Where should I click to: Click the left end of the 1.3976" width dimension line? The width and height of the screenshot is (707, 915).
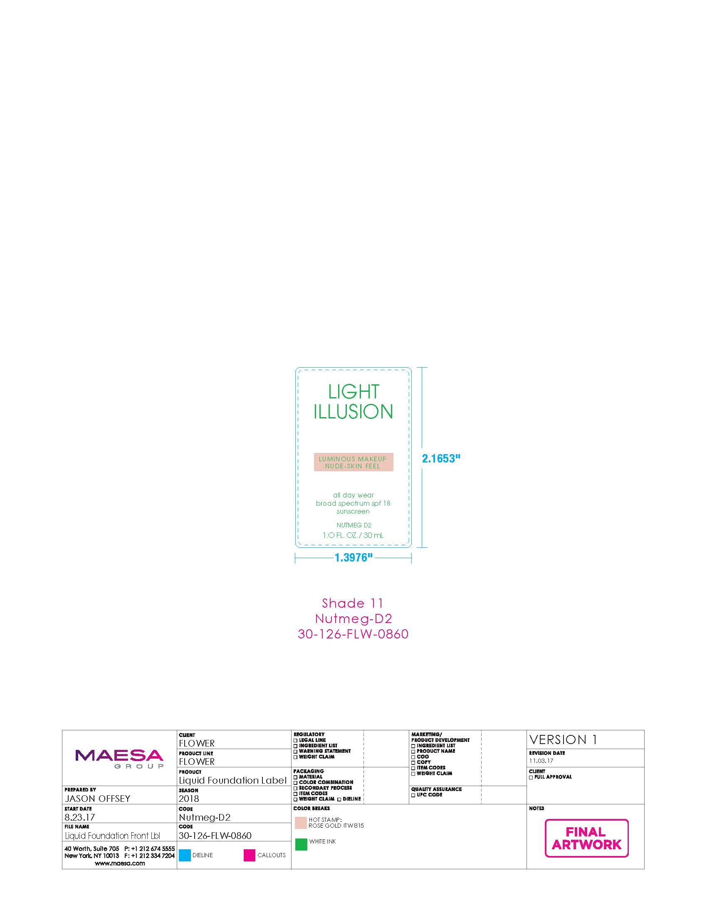click(x=295, y=558)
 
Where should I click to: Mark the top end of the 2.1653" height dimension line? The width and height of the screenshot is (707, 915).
click(x=422, y=368)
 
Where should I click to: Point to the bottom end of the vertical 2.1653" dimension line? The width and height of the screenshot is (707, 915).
click(x=422, y=547)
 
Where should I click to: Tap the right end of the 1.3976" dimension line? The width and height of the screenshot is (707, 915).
click(x=411, y=558)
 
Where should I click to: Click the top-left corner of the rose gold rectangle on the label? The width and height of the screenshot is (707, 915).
click(x=314, y=453)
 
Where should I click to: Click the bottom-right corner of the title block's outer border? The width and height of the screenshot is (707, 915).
click(x=644, y=869)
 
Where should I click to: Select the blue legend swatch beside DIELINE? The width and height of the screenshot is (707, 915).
click(x=185, y=855)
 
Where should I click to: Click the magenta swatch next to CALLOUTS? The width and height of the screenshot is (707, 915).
click(x=250, y=855)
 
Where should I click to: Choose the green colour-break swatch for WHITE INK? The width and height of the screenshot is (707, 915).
click(x=301, y=844)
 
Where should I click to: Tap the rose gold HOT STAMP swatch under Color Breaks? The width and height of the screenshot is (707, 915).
click(x=301, y=823)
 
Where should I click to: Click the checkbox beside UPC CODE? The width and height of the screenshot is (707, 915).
click(x=413, y=795)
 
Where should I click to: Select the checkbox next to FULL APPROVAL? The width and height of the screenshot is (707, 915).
click(x=531, y=777)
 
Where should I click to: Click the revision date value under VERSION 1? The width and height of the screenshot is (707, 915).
click(x=541, y=760)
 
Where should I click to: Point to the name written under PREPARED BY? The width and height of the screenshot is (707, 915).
click(x=98, y=799)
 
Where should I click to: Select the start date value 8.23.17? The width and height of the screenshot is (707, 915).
click(x=79, y=817)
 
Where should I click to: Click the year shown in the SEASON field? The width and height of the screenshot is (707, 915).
click(x=189, y=799)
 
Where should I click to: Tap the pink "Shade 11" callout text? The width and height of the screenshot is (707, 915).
click(x=353, y=603)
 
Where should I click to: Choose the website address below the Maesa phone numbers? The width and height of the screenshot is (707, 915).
click(x=120, y=863)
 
